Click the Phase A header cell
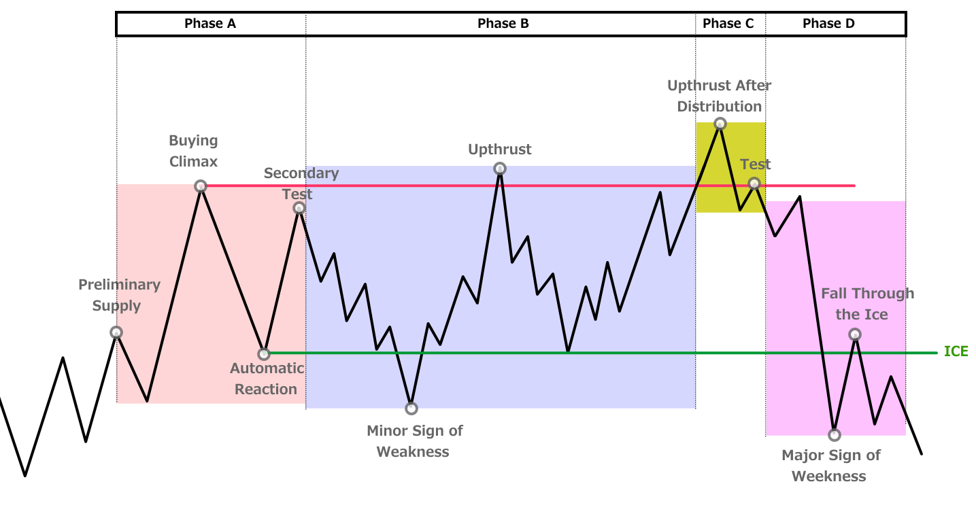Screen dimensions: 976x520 (x=211, y=24)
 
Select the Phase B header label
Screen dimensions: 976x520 (x=503, y=24)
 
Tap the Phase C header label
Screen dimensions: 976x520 (x=728, y=24)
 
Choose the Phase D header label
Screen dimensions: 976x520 (x=828, y=24)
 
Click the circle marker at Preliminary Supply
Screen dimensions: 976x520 (x=116, y=332)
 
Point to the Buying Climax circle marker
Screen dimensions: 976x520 (x=201, y=186)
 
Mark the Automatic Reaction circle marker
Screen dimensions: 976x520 (x=264, y=354)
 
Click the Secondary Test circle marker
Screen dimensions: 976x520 (x=299, y=208)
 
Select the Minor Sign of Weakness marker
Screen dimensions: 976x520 (x=411, y=409)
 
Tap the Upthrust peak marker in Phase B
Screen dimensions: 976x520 (x=500, y=169)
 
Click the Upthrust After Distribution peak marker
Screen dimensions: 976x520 (x=720, y=124)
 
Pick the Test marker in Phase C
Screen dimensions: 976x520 (x=754, y=184)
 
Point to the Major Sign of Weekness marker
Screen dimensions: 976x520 (x=834, y=434)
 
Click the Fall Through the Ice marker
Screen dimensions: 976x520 (x=855, y=334)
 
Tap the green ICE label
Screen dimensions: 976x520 (x=956, y=351)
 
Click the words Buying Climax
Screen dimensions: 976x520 (x=193, y=151)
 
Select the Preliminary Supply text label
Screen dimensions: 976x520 (x=120, y=295)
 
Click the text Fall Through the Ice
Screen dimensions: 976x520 (x=867, y=304)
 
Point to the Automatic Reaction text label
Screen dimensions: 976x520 (x=267, y=379)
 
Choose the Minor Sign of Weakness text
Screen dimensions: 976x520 (x=414, y=441)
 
